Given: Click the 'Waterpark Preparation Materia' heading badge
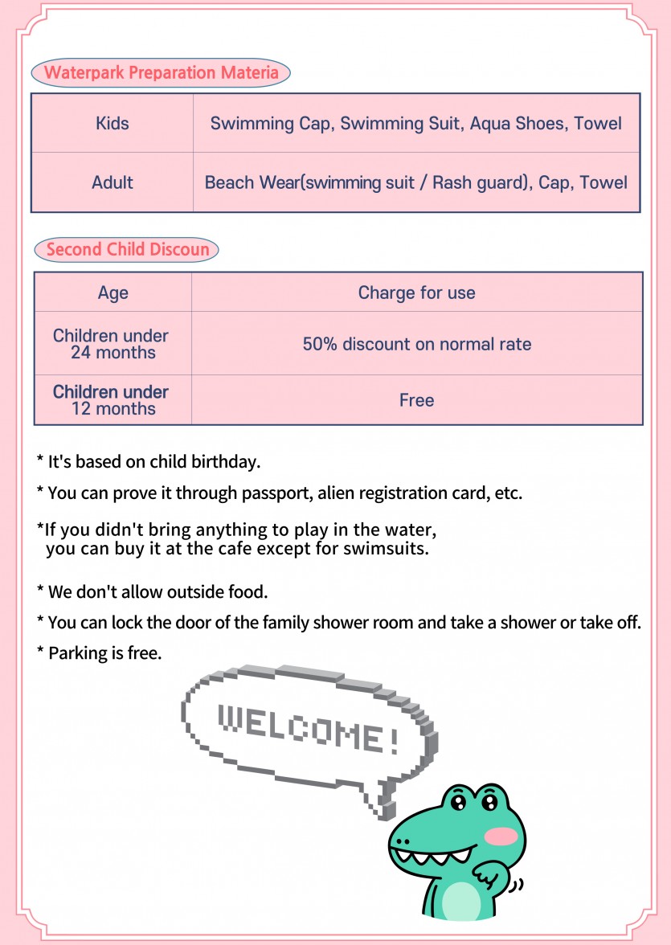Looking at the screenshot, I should [161, 73].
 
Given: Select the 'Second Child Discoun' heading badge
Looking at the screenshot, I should [127, 249].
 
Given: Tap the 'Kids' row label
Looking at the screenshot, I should [113, 124].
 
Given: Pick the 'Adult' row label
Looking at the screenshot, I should [113, 182].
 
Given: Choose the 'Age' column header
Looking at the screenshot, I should [113, 292].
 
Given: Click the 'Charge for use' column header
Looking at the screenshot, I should [416, 292].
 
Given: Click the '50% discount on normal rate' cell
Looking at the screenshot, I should [416, 344].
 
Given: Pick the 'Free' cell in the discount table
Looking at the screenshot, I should [416, 400].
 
